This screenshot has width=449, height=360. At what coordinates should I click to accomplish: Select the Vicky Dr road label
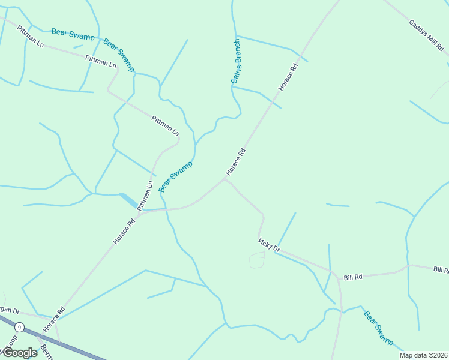(x=269, y=244)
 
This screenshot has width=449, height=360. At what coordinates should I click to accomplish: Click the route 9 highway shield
(x=20, y=327)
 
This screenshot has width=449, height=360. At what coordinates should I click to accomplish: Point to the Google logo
(x=19, y=353)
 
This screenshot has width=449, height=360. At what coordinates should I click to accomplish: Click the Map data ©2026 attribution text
(x=423, y=355)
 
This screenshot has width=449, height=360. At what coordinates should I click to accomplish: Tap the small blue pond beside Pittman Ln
(x=129, y=200)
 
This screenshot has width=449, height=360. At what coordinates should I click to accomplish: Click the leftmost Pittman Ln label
(x=31, y=37)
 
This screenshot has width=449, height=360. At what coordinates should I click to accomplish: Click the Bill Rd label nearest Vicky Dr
(x=353, y=277)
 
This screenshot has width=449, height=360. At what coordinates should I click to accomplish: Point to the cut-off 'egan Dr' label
(x=10, y=311)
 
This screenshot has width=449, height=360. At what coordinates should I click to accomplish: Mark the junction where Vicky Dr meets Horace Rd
(x=225, y=179)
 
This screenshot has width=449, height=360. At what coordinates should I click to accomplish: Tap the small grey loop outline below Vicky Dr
(x=257, y=260)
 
